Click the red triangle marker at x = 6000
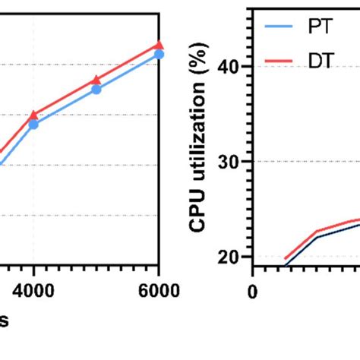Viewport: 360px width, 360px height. pos(158,46)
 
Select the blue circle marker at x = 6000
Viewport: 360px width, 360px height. pos(158,54)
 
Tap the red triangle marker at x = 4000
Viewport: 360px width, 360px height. pos(33,115)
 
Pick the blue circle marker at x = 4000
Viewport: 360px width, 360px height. pos(33,124)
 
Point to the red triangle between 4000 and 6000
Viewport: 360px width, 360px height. pos(96,80)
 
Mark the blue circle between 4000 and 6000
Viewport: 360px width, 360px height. pos(96,90)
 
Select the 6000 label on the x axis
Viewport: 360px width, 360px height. pos(157,291)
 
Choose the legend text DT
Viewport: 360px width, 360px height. pos(321,61)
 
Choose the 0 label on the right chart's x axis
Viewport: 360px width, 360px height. pos(253,291)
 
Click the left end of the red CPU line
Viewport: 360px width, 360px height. pos(286,258)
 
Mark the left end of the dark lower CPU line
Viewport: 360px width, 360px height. pos(286,265)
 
